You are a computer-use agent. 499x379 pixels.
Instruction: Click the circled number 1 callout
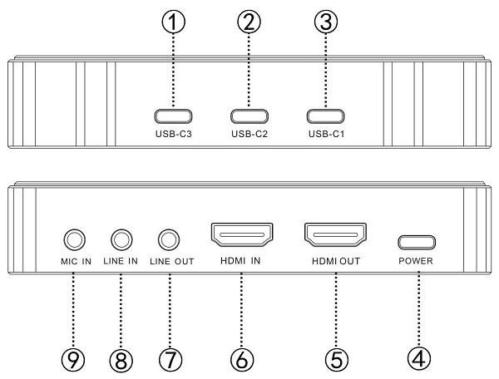[x=173, y=22]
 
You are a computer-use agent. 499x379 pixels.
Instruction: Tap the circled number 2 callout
[x=249, y=22]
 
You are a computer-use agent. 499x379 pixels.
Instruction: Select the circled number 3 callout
[x=325, y=22]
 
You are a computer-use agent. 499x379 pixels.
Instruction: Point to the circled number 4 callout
[x=419, y=359]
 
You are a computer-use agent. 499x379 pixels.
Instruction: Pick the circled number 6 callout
[x=241, y=360]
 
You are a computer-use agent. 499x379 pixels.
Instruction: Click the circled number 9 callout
[x=73, y=360]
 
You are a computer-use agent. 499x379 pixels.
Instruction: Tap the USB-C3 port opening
[x=173, y=116]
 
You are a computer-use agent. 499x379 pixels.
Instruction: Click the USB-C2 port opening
[x=249, y=116]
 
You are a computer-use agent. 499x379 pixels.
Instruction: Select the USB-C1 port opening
[x=325, y=116]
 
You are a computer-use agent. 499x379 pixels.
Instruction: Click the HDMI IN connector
[x=242, y=235]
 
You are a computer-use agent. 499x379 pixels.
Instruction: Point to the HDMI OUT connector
[x=335, y=235]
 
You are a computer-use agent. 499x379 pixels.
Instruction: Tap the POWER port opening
[x=417, y=243]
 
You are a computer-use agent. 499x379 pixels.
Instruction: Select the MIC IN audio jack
[x=75, y=239]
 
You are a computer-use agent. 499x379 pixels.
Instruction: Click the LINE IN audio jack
[x=121, y=239]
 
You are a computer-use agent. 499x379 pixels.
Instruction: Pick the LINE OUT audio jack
[x=169, y=239]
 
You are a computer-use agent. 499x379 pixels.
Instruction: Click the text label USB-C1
[x=327, y=134]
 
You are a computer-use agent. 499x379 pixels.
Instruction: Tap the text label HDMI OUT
[x=336, y=261]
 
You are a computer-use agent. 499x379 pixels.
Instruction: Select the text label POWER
[x=416, y=261]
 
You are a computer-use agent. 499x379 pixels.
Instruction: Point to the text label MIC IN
[x=76, y=261]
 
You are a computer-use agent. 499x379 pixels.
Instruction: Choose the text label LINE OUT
[x=172, y=261]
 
